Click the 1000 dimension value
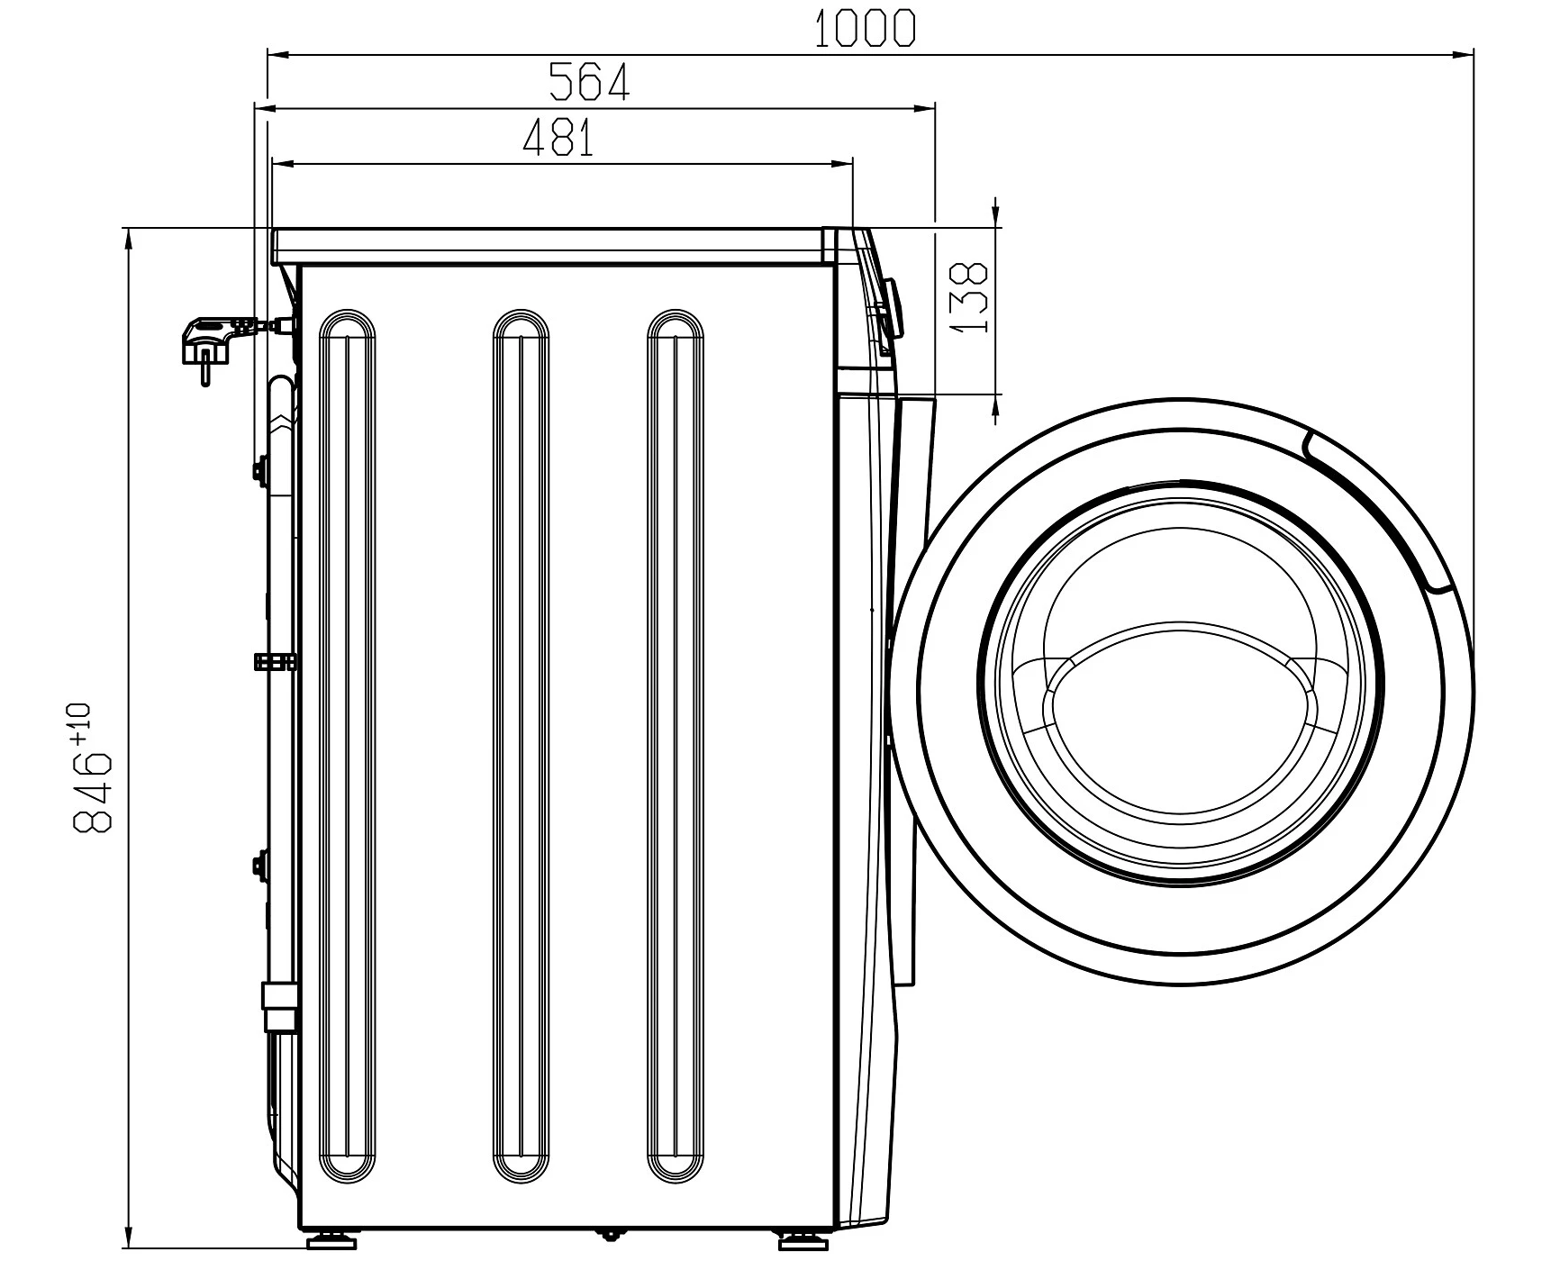(865, 29)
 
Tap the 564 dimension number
(589, 82)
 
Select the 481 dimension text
(558, 139)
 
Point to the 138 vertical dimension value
(969, 297)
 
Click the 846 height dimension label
(92, 792)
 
